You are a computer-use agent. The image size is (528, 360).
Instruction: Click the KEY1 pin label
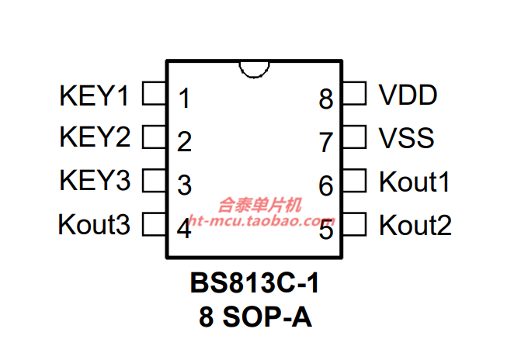(x=94, y=96)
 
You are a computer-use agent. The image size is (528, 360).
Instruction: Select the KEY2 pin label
(x=95, y=137)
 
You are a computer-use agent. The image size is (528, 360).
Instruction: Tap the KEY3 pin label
(x=95, y=180)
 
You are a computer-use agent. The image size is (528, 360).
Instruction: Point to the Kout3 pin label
(x=94, y=224)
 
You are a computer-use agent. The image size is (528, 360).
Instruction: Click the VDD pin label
(x=408, y=95)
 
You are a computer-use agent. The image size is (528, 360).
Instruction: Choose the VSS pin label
(x=406, y=138)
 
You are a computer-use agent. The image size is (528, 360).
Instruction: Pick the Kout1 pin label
(x=415, y=182)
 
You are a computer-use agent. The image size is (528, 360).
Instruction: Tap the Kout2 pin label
(x=415, y=225)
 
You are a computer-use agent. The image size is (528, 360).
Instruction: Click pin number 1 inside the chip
(x=184, y=99)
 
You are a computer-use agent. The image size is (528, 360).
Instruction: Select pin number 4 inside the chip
(x=184, y=228)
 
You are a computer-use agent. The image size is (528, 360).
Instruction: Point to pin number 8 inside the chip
(x=326, y=99)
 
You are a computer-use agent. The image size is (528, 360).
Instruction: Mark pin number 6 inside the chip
(x=326, y=185)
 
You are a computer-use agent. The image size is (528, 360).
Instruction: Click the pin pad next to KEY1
(x=155, y=93)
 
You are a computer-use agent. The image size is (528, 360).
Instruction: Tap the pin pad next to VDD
(x=354, y=93)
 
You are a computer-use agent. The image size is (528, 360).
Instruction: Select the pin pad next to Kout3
(x=155, y=223)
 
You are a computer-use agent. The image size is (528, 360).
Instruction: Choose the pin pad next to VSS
(x=354, y=137)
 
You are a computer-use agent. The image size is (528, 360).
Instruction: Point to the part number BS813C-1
(x=255, y=283)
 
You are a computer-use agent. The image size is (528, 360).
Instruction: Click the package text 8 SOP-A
(x=255, y=317)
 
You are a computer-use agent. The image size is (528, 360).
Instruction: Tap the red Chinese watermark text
(x=259, y=206)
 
